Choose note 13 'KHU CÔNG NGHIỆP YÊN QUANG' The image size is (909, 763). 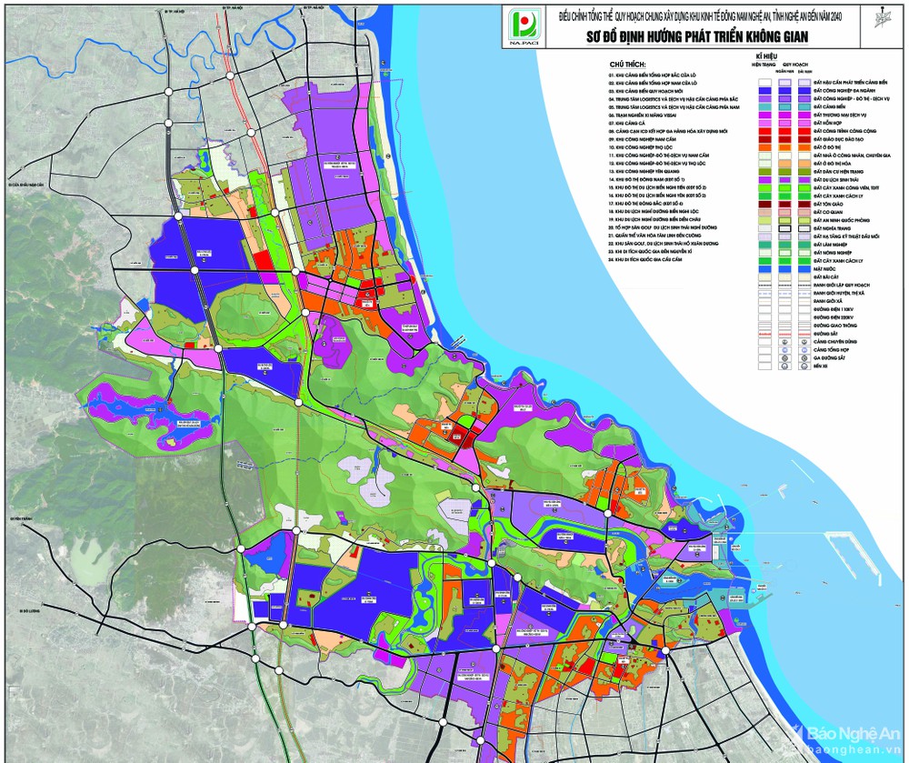(658, 168)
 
